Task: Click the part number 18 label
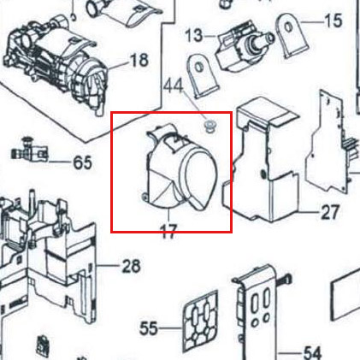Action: tap(139, 60)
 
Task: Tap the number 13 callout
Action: tap(194, 36)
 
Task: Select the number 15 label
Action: tap(333, 21)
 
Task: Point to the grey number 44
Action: tap(174, 86)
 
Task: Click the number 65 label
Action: tap(83, 162)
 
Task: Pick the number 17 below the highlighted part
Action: tap(168, 232)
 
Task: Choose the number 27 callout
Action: tap(330, 212)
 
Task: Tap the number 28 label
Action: tap(132, 266)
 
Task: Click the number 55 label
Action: tap(149, 328)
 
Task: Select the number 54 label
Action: tap(312, 353)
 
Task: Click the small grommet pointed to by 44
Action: tap(210, 127)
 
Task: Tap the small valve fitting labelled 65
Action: tap(28, 150)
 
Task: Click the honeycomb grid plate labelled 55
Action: tap(200, 321)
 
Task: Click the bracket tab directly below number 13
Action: tap(202, 74)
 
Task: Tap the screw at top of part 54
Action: tap(284, 279)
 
